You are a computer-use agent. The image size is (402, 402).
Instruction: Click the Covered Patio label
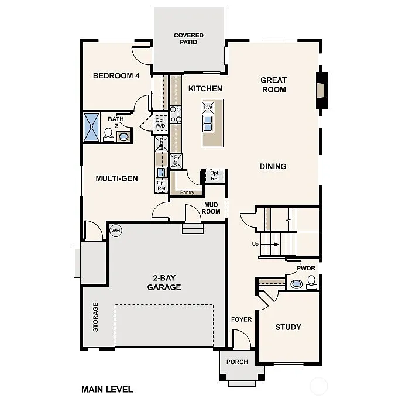[188, 39]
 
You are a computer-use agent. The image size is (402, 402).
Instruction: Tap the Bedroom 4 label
[116, 75]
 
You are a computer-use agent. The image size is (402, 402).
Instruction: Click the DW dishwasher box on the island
[208, 108]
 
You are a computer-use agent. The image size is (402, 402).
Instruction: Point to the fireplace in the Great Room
[321, 90]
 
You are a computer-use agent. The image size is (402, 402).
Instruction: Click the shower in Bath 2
[92, 126]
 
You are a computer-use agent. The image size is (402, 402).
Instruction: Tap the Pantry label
[187, 192]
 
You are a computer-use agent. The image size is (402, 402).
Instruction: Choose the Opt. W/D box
[160, 123]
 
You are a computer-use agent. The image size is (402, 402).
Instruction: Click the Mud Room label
[211, 208]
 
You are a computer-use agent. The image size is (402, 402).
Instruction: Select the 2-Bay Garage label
[164, 283]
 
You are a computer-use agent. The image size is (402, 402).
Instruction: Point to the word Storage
[95, 317]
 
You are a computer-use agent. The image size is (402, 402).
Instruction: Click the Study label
[288, 327]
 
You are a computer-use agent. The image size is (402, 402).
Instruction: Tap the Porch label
[237, 362]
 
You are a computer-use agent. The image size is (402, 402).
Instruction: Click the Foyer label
[241, 319]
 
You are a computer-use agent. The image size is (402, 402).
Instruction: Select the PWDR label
[305, 268]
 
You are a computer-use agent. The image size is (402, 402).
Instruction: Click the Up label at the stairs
[255, 244]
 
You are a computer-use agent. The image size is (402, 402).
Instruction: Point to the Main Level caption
[107, 389]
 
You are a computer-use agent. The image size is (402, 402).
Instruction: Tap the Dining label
[273, 166]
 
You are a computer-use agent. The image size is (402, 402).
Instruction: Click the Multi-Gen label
[116, 178]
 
